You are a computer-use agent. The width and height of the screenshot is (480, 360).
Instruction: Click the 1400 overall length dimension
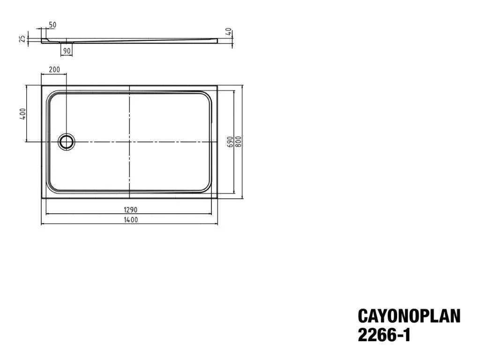[x=131, y=220]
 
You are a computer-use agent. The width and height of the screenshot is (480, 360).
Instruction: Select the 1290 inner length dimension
[x=131, y=210]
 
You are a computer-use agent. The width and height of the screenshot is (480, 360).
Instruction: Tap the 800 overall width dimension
[x=239, y=142]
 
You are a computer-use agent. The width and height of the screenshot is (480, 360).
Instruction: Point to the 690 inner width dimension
[x=231, y=142]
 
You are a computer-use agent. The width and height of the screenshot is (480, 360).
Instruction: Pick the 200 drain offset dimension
[x=54, y=70]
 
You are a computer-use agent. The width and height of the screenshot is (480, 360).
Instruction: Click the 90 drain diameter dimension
[x=67, y=51]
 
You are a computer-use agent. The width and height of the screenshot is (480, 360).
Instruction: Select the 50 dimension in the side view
[x=52, y=25]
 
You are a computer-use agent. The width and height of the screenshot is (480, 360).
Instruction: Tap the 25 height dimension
[x=22, y=39]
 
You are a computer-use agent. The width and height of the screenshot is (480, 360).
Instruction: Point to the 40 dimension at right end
[x=228, y=31]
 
